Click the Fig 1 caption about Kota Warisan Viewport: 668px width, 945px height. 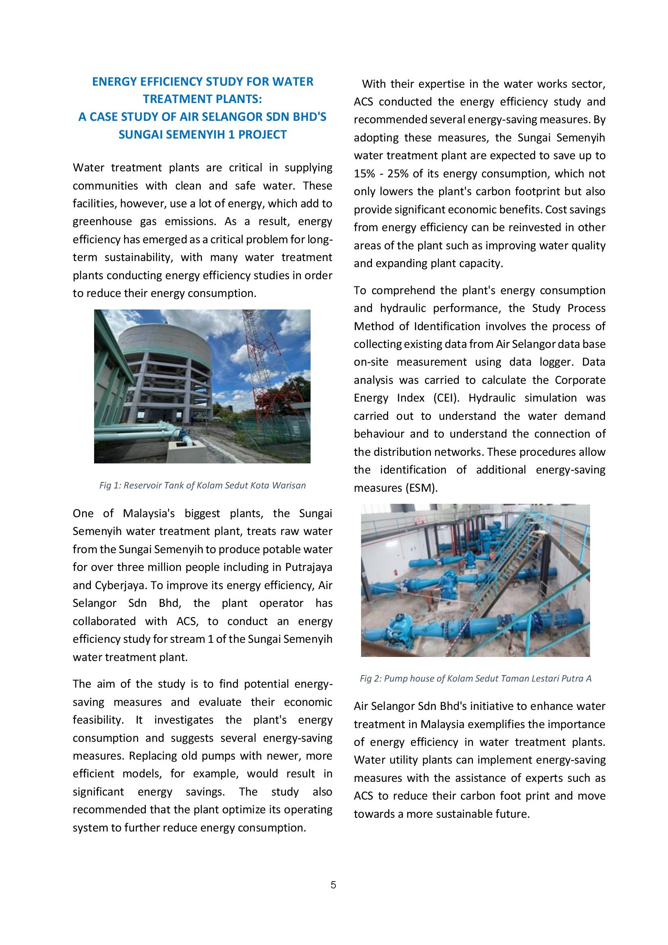coord(202,485)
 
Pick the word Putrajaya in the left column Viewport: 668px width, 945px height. coord(309,567)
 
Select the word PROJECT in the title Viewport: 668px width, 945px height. coord(263,135)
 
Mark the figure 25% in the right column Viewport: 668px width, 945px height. coord(397,174)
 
